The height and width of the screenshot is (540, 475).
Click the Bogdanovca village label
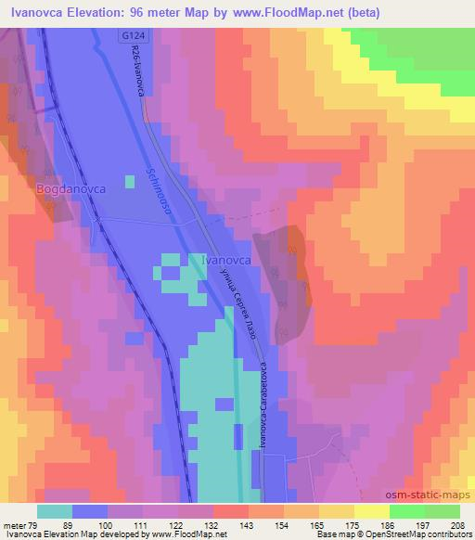pyautogui.click(x=71, y=188)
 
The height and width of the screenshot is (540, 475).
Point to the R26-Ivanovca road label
pyautogui.click(x=137, y=73)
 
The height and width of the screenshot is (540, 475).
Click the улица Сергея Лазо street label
pyautogui.click(x=241, y=305)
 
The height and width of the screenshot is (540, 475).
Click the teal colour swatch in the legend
pyautogui.click(x=55, y=511)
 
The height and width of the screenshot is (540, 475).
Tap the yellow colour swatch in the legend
pyautogui.click(x=372, y=511)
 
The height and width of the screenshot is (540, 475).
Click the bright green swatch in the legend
pyautogui.click(x=407, y=511)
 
